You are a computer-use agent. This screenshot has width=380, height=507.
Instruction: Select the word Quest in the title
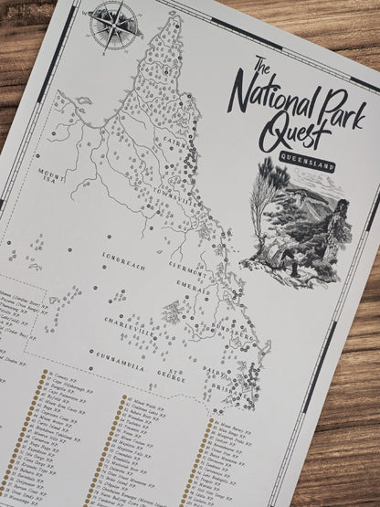point(293,136)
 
